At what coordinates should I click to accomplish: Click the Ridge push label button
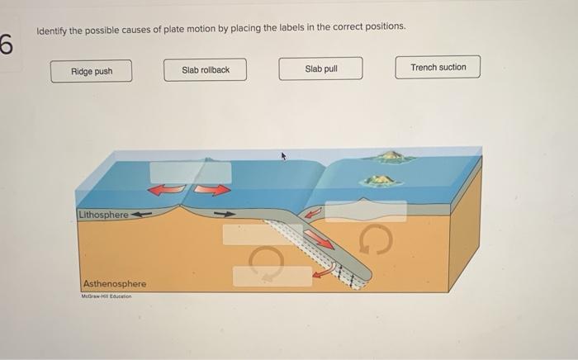(x=91, y=71)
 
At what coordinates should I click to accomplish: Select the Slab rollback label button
(x=206, y=70)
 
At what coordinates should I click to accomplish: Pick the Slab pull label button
(x=320, y=69)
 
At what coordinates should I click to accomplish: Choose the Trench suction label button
(x=438, y=67)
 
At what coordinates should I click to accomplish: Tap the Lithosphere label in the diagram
(x=103, y=215)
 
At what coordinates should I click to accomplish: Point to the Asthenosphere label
(x=114, y=284)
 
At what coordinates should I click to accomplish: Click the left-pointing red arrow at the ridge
(x=165, y=191)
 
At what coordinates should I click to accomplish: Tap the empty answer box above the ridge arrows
(x=190, y=172)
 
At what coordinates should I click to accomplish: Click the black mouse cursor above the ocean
(x=284, y=156)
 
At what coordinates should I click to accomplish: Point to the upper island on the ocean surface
(x=392, y=156)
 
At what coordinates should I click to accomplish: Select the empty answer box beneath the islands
(x=365, y=211)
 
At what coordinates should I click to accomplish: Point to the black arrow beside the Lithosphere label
(x=144, y=215)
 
